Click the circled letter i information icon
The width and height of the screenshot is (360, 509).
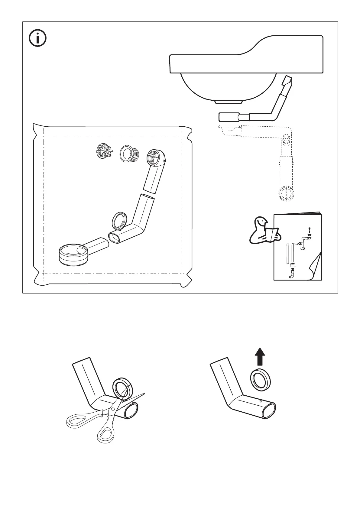pyautogui.click(x=37, y=38)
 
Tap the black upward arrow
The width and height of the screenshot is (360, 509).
pyautogui.click(x=260, y=356)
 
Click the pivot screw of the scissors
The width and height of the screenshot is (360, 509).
pyautogui.click(x=112, y=409)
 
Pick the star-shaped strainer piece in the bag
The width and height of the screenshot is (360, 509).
pyautogui.click(x=102, y=151)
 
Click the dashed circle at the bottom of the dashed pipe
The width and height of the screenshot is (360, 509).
pyautogui.click(x=286, y=193)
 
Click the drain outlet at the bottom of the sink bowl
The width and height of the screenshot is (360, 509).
pyautogui.click(x=229, y=102)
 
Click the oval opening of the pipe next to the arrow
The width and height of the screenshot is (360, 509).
pyautogui.click(x=268, y=410)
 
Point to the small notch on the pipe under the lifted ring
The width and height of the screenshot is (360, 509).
pyautogui.click(x=261, y=401)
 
